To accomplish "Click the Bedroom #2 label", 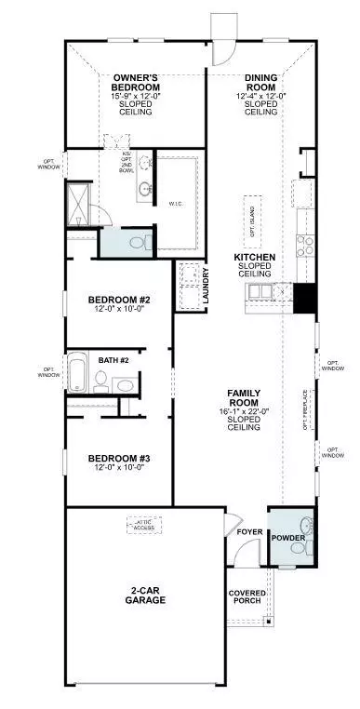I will click(119, 300).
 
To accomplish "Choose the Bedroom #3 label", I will click(119, 459).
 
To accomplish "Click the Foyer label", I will click(248, 532).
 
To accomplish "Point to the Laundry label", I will click(206, 283).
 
